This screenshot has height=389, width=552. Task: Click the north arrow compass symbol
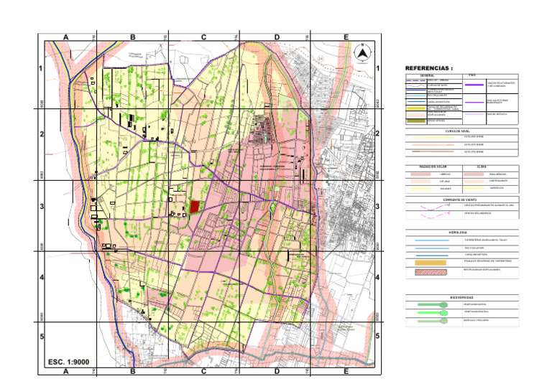(363, 52)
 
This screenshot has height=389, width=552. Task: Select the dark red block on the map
(194, 207)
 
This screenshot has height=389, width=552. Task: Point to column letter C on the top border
(203, 37)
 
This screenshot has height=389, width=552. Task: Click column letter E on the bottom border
(346, 371)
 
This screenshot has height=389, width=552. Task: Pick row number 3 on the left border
(41, 207)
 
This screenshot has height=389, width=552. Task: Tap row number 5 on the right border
(377, 337)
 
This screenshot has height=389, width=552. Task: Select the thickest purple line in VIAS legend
(474, 85)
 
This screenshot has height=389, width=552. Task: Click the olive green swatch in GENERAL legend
(416, 121)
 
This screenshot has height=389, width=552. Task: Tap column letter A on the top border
(65, 37)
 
